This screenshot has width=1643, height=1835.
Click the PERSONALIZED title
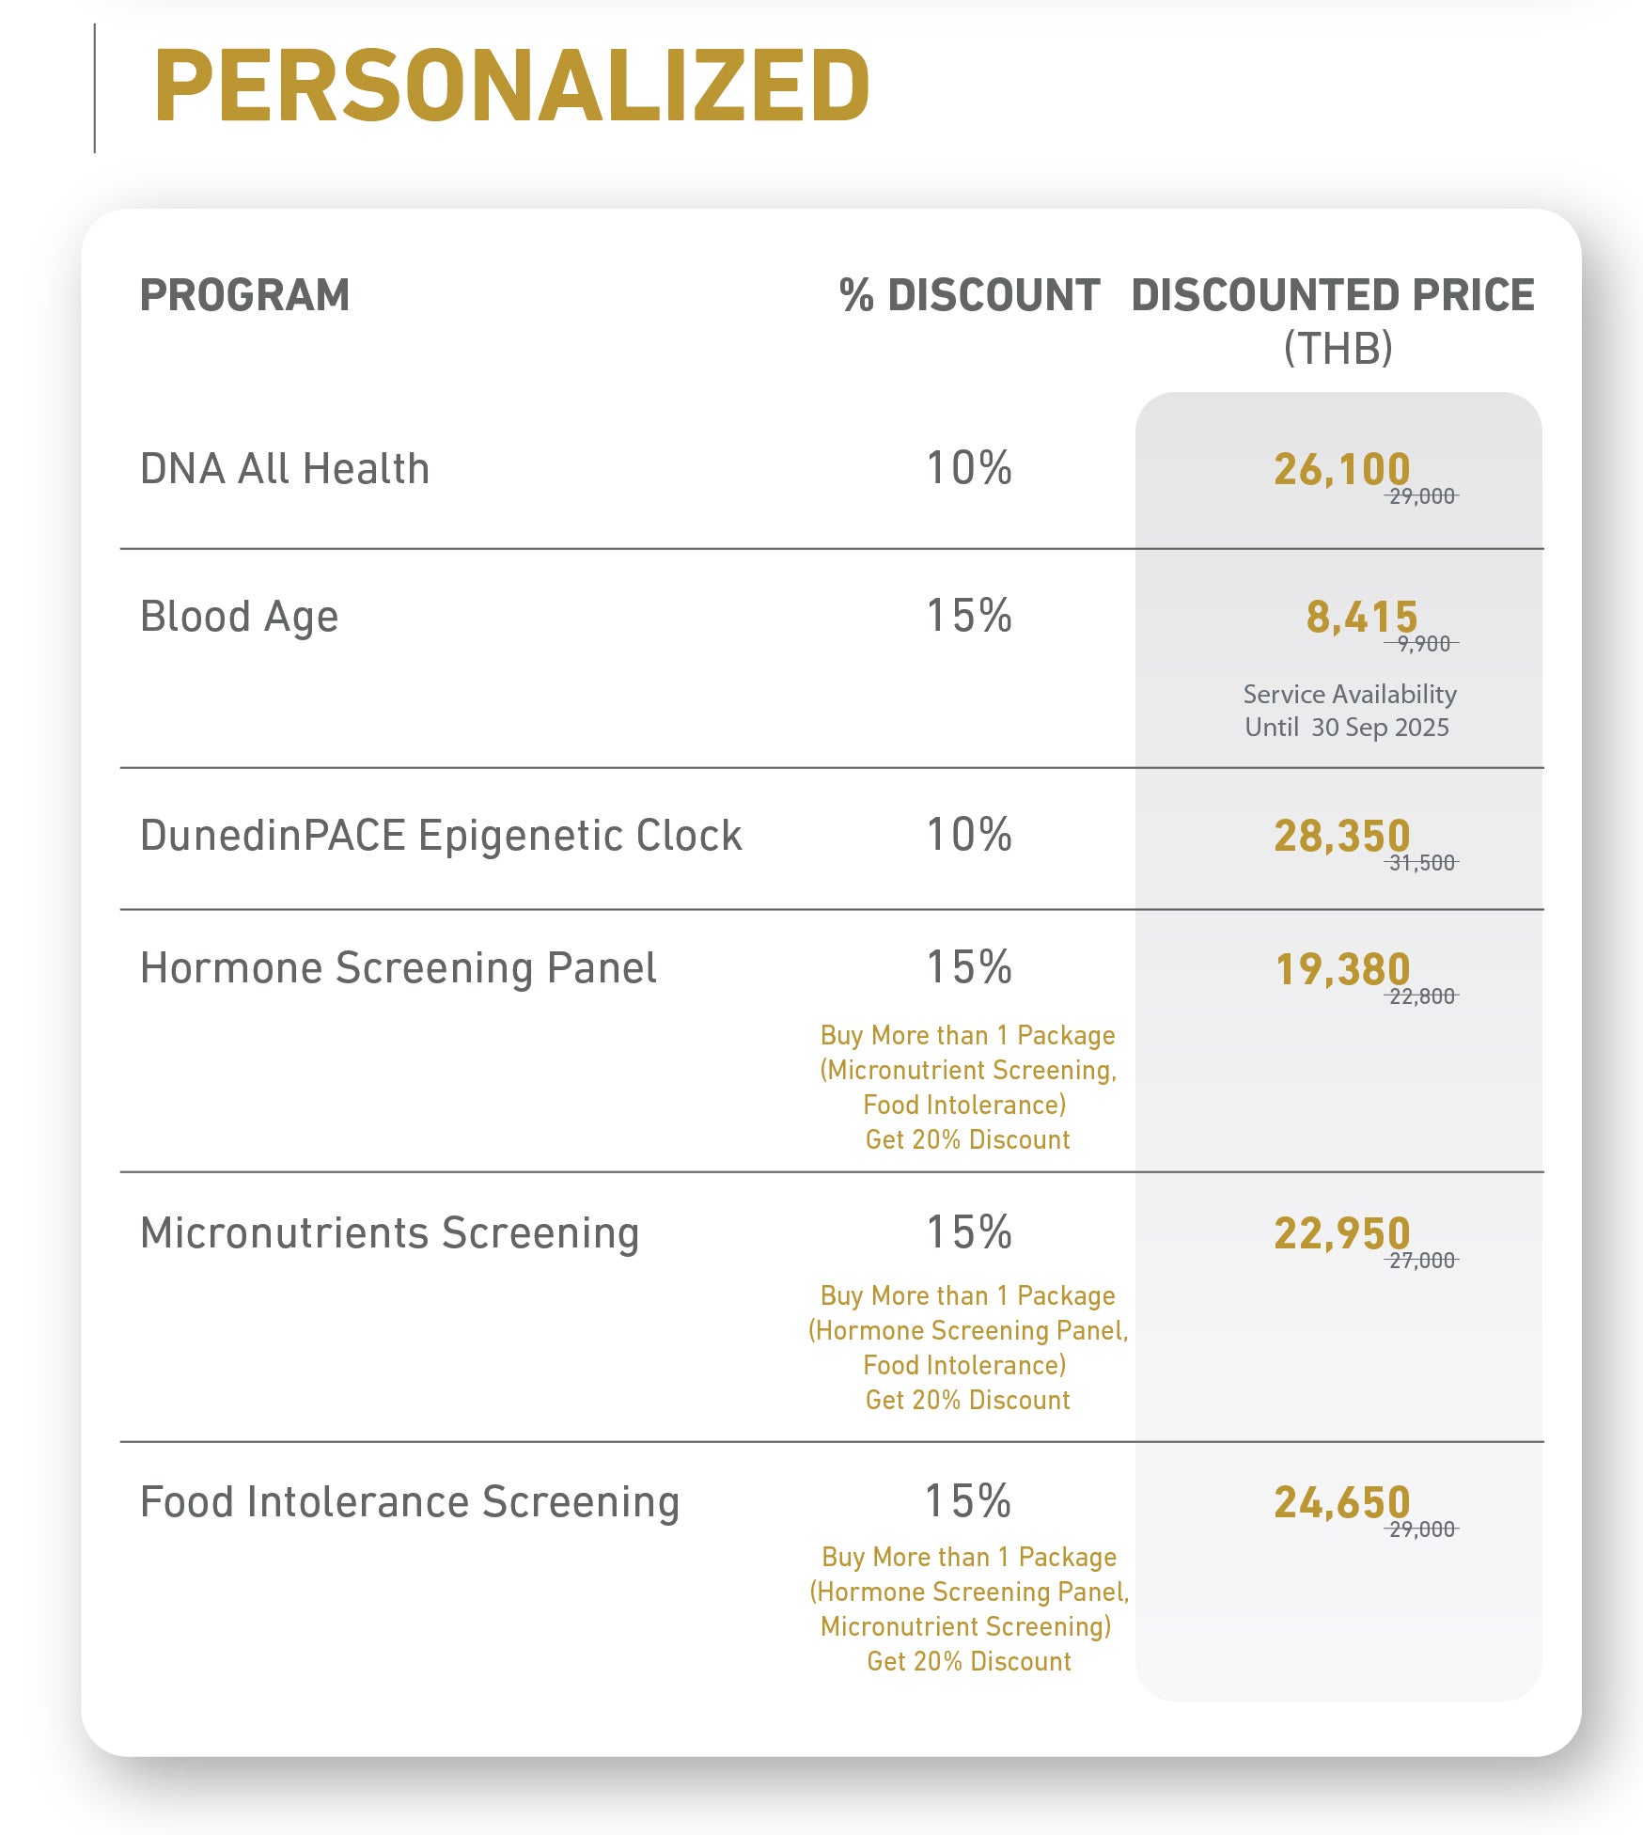(512, 86)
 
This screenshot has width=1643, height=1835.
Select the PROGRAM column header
(244, 295)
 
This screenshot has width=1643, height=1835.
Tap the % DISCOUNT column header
(969, 295)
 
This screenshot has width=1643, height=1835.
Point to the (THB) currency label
(1338, 348)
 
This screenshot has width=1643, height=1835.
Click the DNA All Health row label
(285, 468)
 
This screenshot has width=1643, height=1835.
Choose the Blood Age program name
(239, 618)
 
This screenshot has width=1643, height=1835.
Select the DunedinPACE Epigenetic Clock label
(441, 836)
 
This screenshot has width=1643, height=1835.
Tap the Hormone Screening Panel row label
(398, 968)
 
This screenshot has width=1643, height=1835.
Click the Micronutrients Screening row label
(389, 1233)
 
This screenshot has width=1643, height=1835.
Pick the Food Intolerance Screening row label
(410, 1502)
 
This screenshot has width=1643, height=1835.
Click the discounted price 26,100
(1342, 470)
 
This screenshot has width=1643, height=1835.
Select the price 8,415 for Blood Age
(1362, 618)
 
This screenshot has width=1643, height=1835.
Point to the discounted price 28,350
(1342, 836)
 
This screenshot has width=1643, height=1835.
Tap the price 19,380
(1342, 969)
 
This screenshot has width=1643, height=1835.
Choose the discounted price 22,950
(1342, 1233)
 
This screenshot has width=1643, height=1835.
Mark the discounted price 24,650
(1342, 1502)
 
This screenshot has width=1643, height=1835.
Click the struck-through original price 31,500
(1422, 863)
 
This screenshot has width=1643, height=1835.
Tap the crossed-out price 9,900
(1422, 644)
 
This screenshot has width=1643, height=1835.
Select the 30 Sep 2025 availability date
(1380, 728)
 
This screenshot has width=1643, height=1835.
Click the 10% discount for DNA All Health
(969, 468)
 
